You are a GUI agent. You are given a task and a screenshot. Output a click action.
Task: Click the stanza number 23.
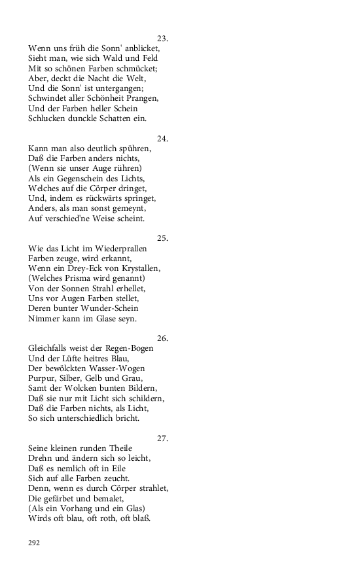[x=163, y=38]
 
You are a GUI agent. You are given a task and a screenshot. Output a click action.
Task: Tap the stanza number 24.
[x=163, y=138]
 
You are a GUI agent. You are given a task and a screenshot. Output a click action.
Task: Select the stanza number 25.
[x=163, y=238]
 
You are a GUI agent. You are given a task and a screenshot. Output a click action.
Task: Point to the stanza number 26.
[x=163, y=338]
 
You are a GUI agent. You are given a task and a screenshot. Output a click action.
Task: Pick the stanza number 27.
[x=163, y=439]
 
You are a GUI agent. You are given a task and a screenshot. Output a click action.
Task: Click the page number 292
[x=34, y=542]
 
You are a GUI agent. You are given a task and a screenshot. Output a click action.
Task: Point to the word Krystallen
[x=139, y=268]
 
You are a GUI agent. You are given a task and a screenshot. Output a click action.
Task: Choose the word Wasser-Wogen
[x=118, y=369]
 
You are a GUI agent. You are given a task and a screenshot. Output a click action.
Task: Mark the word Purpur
[x=43, y=378]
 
